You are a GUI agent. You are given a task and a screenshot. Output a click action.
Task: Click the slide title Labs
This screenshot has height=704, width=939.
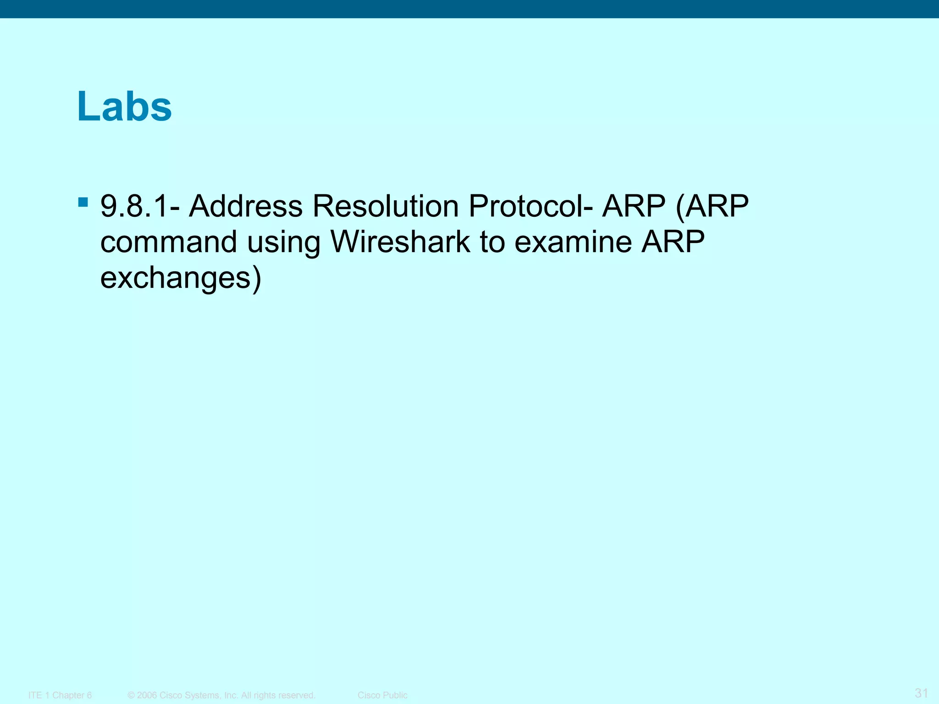coord(124,106)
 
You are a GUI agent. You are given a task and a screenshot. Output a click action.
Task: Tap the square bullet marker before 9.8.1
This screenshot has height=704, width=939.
coord(83,202)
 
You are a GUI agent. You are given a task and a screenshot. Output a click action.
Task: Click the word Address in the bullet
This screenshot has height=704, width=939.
coord(246,206)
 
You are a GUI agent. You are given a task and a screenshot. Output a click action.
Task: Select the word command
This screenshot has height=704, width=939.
coord(168,242)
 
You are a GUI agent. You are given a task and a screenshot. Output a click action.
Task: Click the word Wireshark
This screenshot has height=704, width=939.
coord(400,242)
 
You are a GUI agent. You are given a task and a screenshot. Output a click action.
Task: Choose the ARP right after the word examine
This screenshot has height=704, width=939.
coord(673,242)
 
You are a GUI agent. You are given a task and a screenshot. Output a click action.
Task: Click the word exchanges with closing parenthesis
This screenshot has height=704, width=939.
coord(181,278)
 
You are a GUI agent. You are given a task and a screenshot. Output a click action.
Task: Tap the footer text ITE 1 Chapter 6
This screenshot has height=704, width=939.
coord(60,695)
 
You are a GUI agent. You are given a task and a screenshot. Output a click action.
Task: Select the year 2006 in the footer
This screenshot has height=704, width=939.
coord(147,695)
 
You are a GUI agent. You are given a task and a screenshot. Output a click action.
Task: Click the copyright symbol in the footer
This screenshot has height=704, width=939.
coord(131,695)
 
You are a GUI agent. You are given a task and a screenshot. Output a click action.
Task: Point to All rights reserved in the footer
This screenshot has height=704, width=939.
coord(278,695)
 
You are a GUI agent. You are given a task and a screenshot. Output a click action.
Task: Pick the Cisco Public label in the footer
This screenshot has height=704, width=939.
coord(382,695)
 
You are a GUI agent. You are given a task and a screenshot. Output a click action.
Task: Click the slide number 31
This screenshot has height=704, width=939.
coord(921,693)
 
